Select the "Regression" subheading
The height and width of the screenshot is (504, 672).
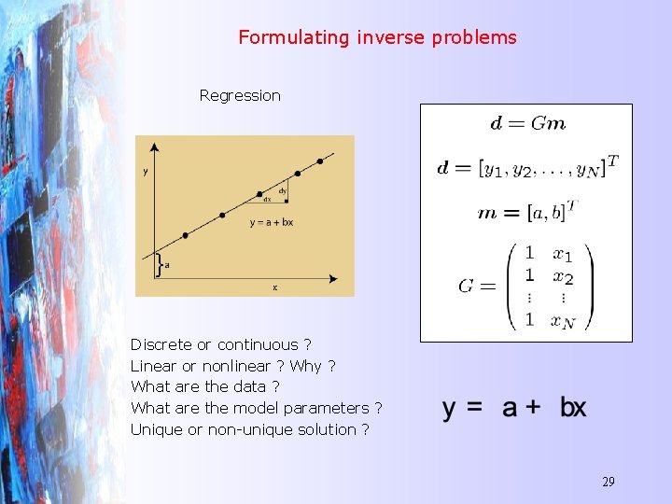pos(240,95)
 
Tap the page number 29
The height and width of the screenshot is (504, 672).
pos(608,482)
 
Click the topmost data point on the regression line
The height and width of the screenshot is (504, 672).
pos(320,161)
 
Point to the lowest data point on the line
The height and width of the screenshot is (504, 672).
pos(185,235)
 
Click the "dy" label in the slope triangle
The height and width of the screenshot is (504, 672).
pos(282,190)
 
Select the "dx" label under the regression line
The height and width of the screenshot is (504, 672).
pos(267,199)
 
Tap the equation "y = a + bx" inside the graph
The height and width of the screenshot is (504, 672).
pos(271,223)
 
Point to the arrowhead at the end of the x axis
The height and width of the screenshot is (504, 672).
pos(334,278)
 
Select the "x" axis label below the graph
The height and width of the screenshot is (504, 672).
pos(273,288)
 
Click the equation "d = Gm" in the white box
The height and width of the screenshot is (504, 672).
pos(527,123)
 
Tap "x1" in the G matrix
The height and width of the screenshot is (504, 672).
pos(562,254)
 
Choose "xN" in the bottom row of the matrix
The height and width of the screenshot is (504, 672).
pos(562,320)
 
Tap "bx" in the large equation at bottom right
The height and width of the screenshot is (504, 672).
pos(573,408)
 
